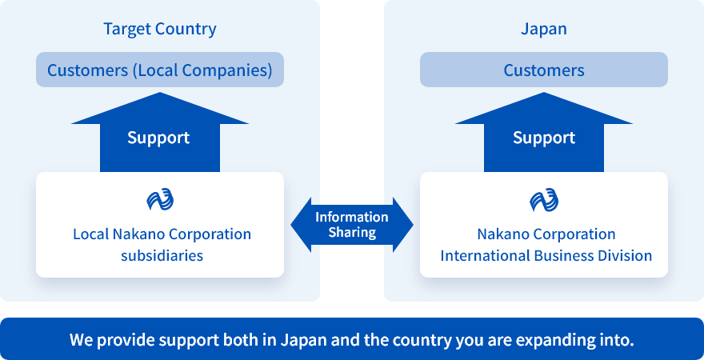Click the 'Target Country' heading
(x=160, y=29)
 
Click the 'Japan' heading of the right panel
(x=544, y=29)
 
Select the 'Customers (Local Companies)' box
(x=160, y=70)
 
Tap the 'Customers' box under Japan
(x=544, y=70)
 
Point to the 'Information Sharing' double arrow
(x=352, y=225)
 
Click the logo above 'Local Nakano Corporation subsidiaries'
(x=160, y=200)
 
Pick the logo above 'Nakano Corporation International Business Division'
(x=544, y=200)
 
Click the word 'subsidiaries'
(x=162, y=256)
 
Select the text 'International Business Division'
(x=546, y=256)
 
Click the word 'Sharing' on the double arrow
(x=352, y=233)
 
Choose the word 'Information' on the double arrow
(x=352, y=218)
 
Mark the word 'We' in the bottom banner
(x=80, y=340)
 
